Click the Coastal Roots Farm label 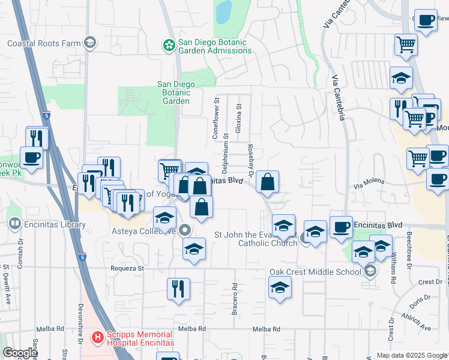pyautogui.click(x=43, y=43)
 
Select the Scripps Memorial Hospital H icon pyautogui.click(x=98, y=337)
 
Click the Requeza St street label pyautogui.click(x=127, y=268)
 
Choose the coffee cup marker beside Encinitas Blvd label pyautogui.click(x=340, y=227)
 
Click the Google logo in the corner pyautogui.click(x=19, y=353)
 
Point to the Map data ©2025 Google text pyautogui.click(x=412, y=355)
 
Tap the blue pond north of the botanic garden pyautogui.click(x=223, y=11)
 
